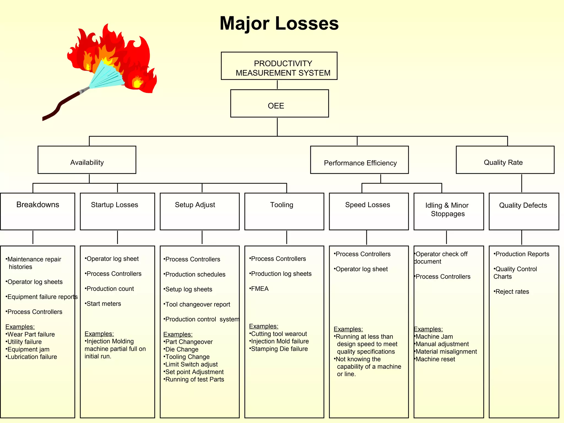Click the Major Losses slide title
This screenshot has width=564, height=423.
tap(279, 23)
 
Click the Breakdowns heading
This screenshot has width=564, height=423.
tap(38, 205)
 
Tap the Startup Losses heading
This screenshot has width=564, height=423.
tap(115, 205)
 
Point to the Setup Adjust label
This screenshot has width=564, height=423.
tap(195, 205)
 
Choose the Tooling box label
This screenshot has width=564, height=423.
tap(282, 205)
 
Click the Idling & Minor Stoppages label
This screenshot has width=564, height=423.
tap(448, 209)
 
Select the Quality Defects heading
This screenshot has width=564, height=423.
tap(523, 205)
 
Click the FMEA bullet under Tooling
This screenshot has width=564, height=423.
tap(259, 289)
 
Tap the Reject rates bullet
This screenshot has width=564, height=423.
tap(512, 292)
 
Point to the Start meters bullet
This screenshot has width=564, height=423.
tap(103, 304)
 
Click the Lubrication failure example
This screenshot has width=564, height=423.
tap(32, 357)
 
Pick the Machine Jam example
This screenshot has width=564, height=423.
tap(434, 337)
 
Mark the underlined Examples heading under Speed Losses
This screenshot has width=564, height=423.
tap(348, 329)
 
